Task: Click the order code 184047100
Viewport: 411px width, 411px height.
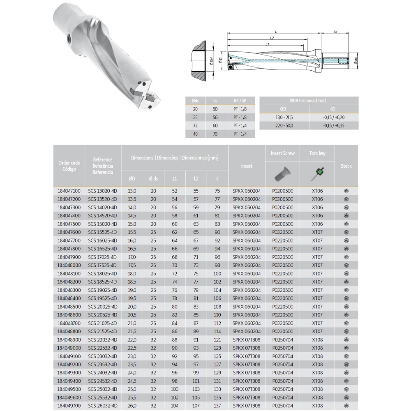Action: coord(69,191)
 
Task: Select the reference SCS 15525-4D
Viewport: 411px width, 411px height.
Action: coord(102,232)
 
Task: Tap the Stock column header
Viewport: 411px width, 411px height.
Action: coord(346,166)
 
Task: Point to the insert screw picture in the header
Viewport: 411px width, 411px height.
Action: coord(282,174)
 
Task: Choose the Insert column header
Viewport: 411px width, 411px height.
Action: coord(247,166)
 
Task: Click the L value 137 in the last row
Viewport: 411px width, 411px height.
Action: coord(217,406)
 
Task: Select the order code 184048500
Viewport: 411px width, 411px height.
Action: coord(69,307)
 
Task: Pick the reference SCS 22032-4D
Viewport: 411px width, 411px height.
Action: coord(102,340)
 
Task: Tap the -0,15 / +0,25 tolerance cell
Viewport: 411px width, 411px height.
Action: coord(334,125)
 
